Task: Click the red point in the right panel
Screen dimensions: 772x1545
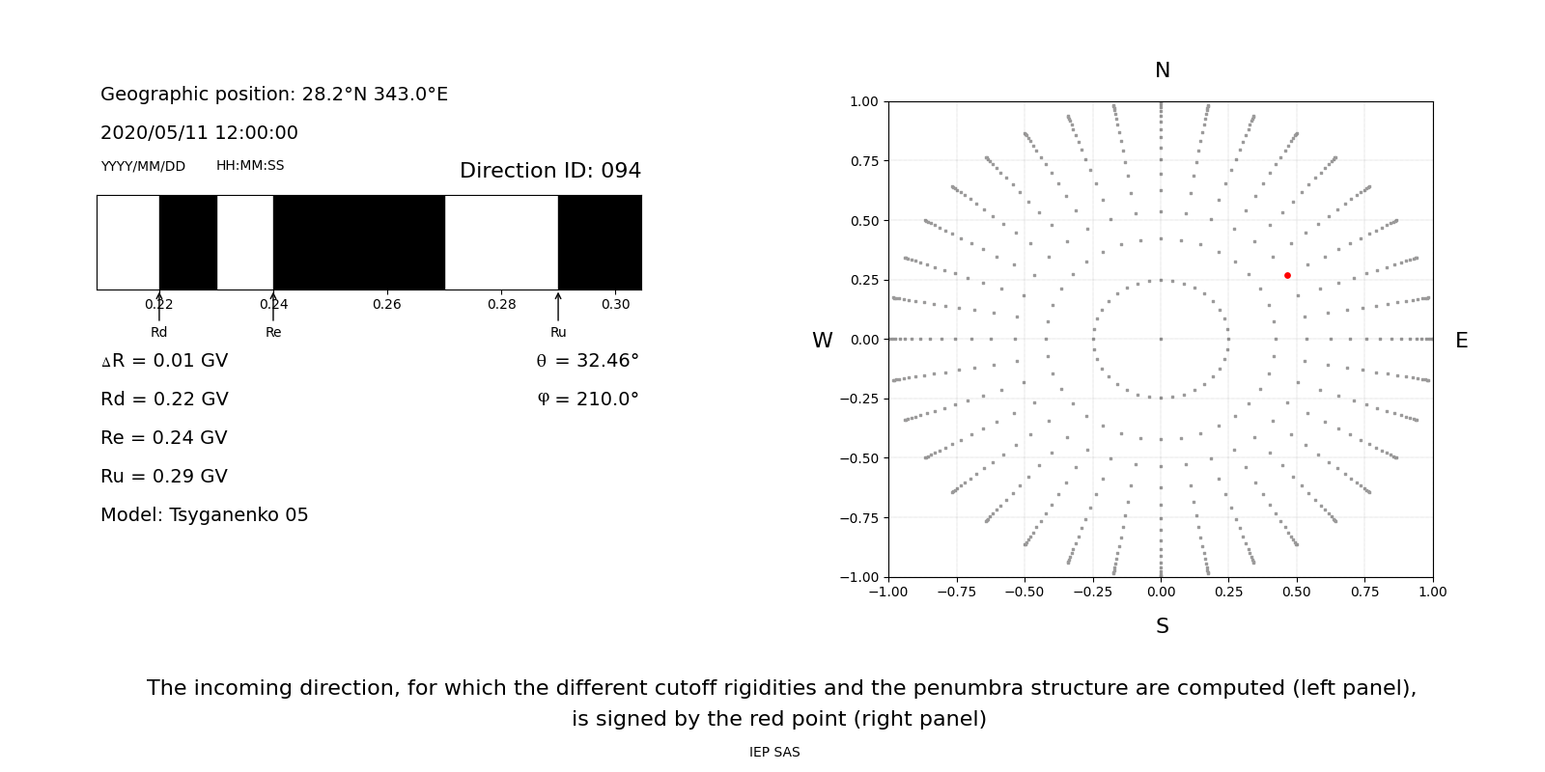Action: pyautogui.click(x=1287, y=276)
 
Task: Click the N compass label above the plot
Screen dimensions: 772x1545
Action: pyautogui.click(x=1163, y=70)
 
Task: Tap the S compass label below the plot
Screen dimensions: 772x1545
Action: pyautogui.click(x=1163, y=626)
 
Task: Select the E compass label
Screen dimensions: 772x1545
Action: pyautogui.click(x=1461, y=341)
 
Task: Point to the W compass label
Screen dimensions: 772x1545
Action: pyautogui.click(x=823, y=341)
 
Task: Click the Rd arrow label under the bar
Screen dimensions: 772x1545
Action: pyautogui.click(x=159, y=332)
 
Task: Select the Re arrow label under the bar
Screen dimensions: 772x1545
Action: pyautogui.click(x=273, y=332)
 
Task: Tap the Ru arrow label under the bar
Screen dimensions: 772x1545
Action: pyautogui.click(x=558, y=332)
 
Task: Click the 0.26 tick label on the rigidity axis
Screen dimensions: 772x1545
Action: pyautogui.click(x=387, y=304)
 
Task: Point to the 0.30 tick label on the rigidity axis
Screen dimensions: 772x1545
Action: pyautogui.click(x=615, y=304)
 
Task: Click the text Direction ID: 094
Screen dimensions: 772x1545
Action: pyautogui.click(x=550, y=171)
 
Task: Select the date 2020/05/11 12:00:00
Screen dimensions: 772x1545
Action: pyautogui.click(x=199, y=133)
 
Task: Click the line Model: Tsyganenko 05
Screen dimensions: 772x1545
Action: pyautogui.click(x=205, y=515)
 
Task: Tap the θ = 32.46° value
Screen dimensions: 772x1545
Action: pyautogui.click(x=587, y=361)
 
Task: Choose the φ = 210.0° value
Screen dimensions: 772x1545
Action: pyautogui.click(x=588, y=400)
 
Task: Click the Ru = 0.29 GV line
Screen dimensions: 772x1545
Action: pyautogui.click(x=164, y=477)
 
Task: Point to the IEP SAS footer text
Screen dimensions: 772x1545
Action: pyautogui.click(x=774, y=752)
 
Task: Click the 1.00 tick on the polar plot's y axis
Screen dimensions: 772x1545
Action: pyautogui.click(x=863, y=101)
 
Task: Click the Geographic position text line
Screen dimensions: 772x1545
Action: pyautogui.click(x=274, y=95)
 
